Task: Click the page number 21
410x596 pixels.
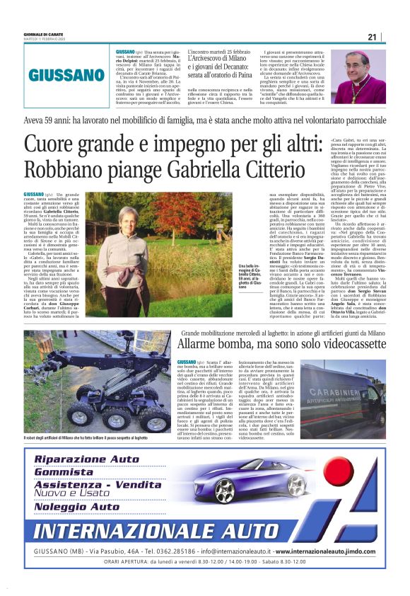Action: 373,37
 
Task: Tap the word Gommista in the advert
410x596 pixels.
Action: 64,471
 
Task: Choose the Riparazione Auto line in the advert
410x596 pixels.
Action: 87,459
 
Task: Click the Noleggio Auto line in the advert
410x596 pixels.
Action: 78,507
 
